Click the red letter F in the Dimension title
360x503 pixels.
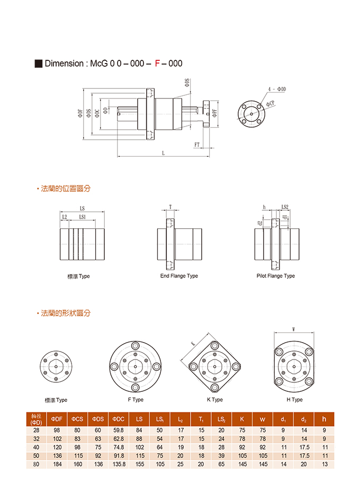coord(157,64)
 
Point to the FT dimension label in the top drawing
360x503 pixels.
coord(197,144)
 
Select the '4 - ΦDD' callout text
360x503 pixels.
coord(277,89)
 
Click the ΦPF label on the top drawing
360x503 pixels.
coord(214,113)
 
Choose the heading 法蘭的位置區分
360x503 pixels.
coord(66,188)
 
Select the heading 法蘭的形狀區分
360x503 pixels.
coord(66,313)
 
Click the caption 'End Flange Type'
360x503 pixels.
coord(179,276)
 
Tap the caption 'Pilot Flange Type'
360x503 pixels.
coord(276,276)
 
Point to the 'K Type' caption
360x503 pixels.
coord(214,400)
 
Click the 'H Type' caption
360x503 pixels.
coord(294,400)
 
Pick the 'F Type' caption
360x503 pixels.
coord(136,400)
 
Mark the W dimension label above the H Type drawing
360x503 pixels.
coord(294,328)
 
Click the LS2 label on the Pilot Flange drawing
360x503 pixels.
coord(285,207)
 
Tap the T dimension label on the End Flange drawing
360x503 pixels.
coord(170,207)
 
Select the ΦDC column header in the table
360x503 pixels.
coord(119,419)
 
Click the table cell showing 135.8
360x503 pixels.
coord(119,464)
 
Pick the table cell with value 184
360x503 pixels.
coord(56,464)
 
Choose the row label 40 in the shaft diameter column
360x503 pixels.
coord(36,447)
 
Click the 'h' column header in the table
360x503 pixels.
coord(324,419)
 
